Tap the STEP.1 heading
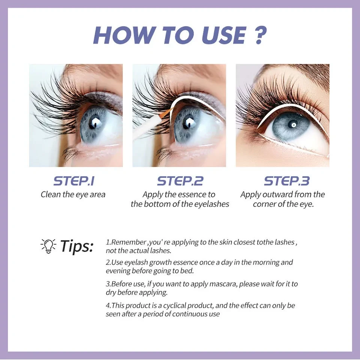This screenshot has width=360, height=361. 74,181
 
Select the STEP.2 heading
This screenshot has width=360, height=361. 180,181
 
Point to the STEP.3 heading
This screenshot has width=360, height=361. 286,181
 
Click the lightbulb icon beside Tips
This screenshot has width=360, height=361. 48,246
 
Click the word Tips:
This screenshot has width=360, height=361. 76,246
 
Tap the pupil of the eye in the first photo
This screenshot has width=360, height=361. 95,123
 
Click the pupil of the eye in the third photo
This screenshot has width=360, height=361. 292,125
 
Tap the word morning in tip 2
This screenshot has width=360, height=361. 267,262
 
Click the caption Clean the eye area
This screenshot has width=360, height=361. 73,195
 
